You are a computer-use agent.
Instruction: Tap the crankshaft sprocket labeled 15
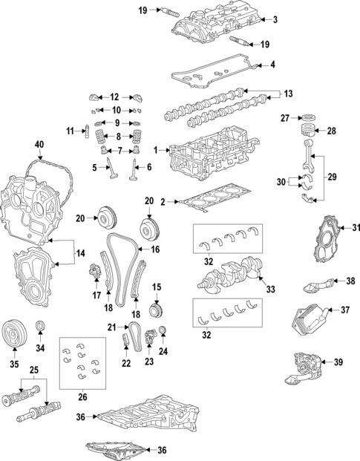[x=156, y=308]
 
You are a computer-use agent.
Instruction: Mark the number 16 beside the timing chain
[x=156, y=250]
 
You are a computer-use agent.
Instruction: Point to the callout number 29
[x=331, y=177]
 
